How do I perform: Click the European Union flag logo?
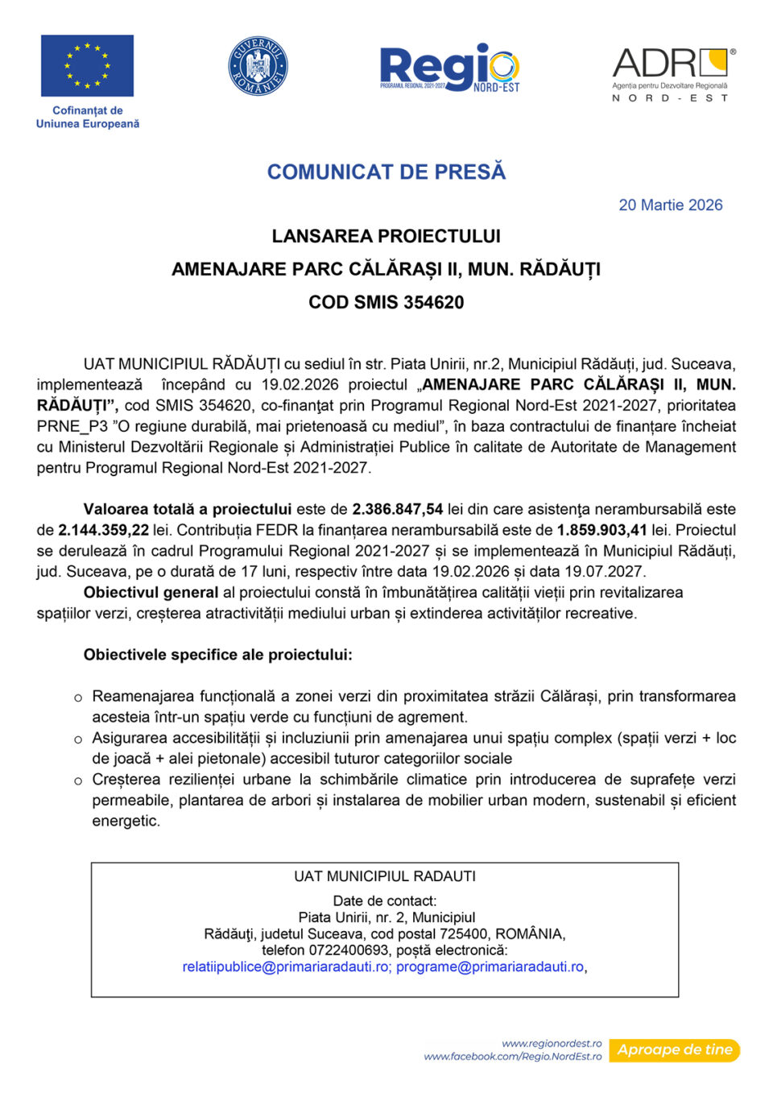pos(87,65)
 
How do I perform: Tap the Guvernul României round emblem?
pos(258,66)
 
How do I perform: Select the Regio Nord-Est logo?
pos(449,68)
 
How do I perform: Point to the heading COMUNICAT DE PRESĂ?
pos(386,172)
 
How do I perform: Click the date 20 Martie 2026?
pos(670,205)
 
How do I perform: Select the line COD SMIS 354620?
pos(386,302)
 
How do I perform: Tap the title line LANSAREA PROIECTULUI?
pos(386,236)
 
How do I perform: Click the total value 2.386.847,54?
pos(398,509)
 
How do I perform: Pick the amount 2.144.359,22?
pos(104,530)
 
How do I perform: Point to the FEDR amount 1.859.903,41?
pos(601,530)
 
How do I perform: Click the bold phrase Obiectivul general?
pos(151,592)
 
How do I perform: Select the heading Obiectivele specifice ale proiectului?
pos(217,655)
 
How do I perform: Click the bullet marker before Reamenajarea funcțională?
pos(78,698)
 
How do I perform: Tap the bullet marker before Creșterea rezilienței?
pos(78,780)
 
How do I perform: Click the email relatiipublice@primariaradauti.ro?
pos(286,967)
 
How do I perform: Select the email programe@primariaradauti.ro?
pos(490,967)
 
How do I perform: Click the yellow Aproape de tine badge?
pos(674,1050)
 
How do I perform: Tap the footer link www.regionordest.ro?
pos(552,1043)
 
